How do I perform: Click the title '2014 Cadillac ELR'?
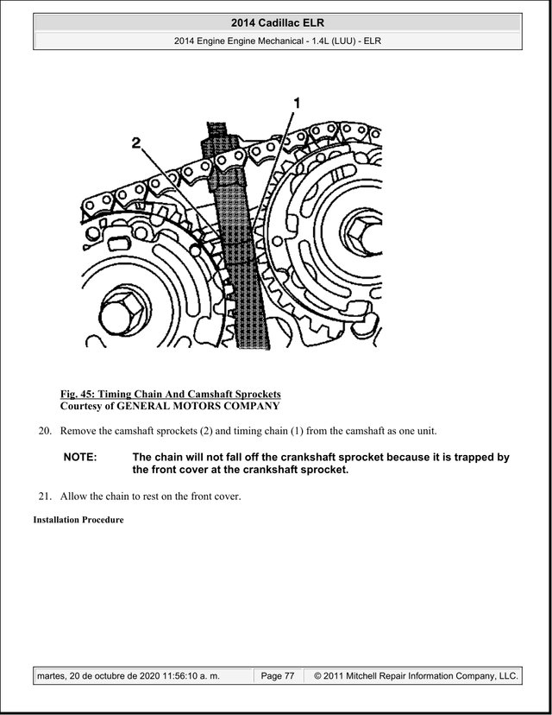click(278, 22)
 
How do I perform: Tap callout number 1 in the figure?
click(297, 104)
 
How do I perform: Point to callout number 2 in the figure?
click(136, 142)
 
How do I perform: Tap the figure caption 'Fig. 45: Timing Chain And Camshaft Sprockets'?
click(170, 394)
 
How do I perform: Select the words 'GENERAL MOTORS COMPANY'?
click(198, 406)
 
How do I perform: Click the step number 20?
click(45, 431)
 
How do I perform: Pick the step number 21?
click(45, 497)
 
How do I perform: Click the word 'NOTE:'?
click(80, 457)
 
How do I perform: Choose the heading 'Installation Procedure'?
click(78, 520)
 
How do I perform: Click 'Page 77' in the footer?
click(278, 676)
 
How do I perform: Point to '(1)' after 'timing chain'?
click(297, 431)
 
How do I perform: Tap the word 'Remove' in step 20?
click(78, 431)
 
